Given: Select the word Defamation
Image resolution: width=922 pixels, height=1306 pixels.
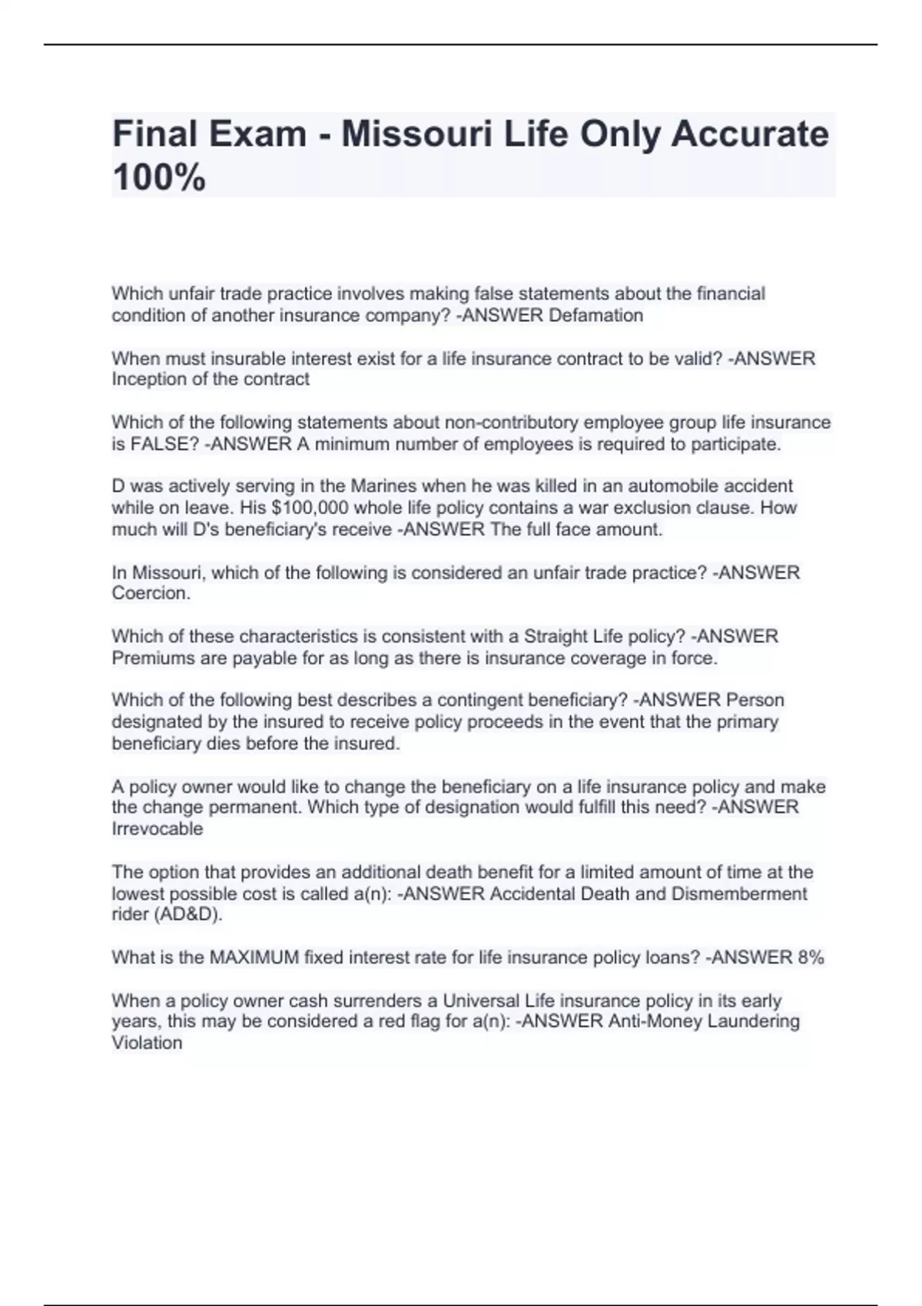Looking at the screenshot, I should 595,316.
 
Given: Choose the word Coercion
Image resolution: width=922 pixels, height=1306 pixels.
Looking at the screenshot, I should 150,594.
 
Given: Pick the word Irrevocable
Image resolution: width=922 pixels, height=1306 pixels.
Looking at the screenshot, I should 158,829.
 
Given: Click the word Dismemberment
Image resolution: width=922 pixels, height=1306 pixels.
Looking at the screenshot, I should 739,894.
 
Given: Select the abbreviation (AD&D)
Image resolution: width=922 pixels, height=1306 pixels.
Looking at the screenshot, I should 185,915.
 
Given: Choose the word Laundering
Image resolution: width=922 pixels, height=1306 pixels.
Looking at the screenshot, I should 753,1022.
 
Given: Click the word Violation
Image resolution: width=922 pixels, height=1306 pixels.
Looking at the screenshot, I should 147,1043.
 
